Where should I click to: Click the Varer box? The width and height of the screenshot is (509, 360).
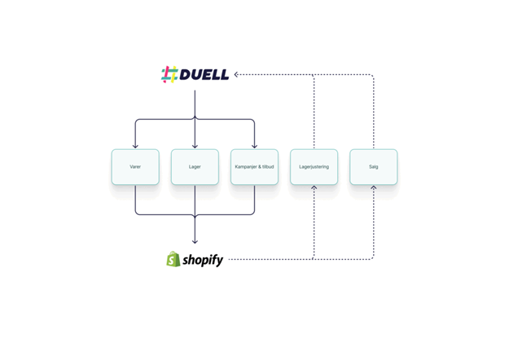[x=135, y=167]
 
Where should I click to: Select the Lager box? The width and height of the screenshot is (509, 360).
[x=195, y=167]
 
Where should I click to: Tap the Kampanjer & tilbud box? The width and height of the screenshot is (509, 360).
[x=254, y=167]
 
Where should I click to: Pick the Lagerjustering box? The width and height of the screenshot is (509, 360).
[x=314, y=167]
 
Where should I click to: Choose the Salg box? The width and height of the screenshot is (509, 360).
[x=374, y=167]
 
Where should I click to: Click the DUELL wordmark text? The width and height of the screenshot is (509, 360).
[x=204, y=75]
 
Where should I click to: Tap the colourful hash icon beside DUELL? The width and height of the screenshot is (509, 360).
[x=169, y=75]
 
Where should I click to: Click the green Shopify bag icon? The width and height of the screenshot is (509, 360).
[x=173, y=260]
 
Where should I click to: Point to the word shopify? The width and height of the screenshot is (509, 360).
[x=203, y=260]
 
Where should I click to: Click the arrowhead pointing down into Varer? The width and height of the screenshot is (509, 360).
[x=135, y=146]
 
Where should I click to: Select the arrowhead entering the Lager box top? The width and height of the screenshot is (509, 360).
[x=195, y=146]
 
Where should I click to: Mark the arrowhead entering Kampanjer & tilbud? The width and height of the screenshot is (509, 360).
[x=254, y=146]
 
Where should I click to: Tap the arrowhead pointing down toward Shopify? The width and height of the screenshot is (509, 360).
[x=195, y=241]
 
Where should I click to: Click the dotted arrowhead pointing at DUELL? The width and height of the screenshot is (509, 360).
[x=236, y=75]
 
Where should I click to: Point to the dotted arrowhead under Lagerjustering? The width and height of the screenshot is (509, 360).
[x=314, y=188]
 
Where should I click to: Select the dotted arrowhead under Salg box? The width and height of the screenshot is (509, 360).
[x=374, y=188]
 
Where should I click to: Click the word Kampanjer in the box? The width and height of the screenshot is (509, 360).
[x=247, y=167]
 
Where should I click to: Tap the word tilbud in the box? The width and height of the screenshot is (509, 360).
[x=267, y=167]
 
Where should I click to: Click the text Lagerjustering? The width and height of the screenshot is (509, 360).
[x=314, y=167]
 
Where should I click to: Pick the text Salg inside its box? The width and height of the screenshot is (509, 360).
[x=374, y=167]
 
